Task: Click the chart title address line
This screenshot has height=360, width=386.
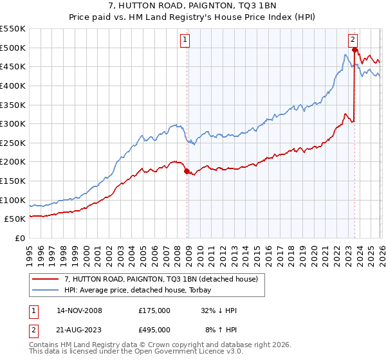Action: pos(193,6)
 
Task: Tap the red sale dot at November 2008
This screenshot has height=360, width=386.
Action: pos(187,171)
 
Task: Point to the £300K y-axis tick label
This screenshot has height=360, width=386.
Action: pos(13,123)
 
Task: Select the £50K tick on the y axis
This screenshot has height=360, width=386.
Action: pos(15,219)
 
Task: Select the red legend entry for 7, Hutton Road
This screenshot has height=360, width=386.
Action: pos(161,279)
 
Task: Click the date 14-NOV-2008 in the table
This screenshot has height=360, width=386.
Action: pos(79,310)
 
